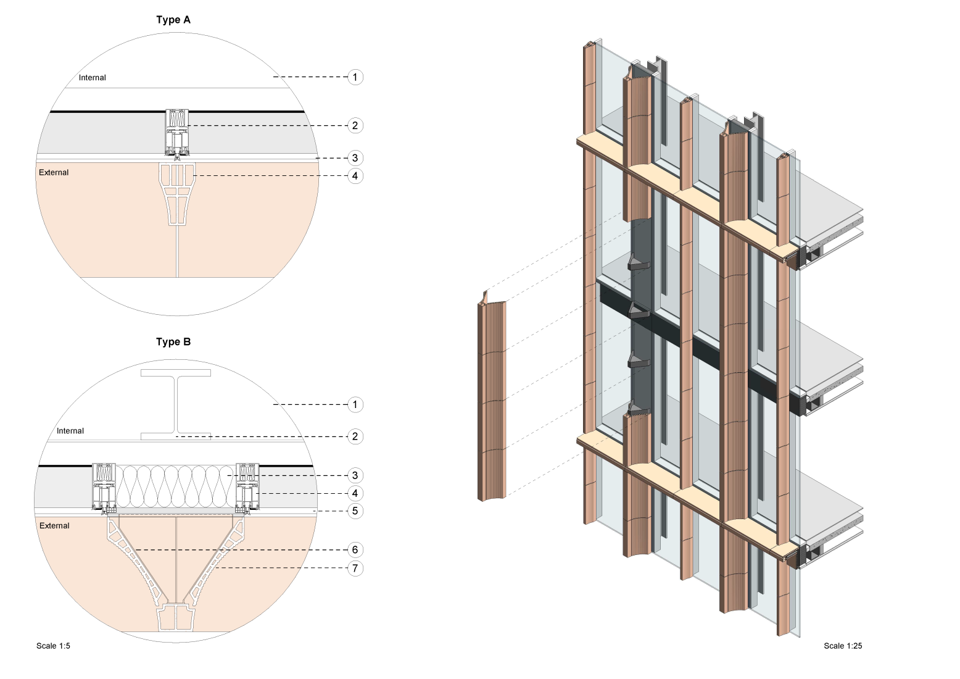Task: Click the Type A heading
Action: click(x=173, y=20)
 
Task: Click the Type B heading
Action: click(x=173, y=342)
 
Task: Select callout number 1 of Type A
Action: click(x=355, y=77)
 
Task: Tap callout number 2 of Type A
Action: click(x=355, y=125)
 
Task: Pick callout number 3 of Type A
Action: click(x=355, y=158)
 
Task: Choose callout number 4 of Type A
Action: click(x=355, y=176)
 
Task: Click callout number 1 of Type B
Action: click(x=355, y=405)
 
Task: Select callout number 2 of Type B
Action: click(x=355, y=436)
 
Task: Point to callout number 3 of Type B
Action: click(x=355, y=475)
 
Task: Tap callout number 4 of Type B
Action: click(x=355, y=493)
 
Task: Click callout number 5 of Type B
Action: click(x=355, y=511)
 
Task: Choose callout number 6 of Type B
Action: click(x=355, y=550)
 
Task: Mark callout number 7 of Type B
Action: click(x=355, y=568)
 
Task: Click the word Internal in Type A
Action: click(x=93, y=78)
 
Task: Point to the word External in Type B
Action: click(x=54, y=526)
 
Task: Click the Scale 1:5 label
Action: click(x=53, y=646)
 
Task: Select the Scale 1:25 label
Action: click(x=843, y=646)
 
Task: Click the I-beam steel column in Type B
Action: click(x=176, y=404)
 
